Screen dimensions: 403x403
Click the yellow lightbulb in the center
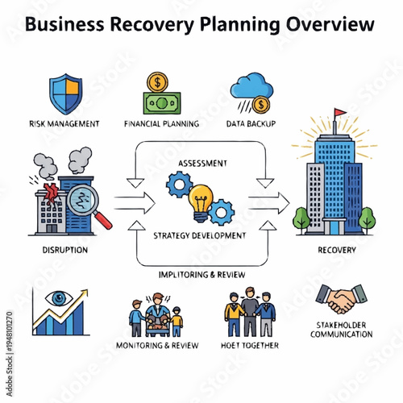[201, 198]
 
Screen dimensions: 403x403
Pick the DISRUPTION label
[64, 250]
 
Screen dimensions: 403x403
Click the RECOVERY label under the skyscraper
[335, 250]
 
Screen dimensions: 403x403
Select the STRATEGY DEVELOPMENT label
[201, 235]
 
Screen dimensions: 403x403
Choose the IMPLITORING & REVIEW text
[201, 274]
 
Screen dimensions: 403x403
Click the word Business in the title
[69, 25]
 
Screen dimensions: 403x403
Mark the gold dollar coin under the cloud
[260, 106]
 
